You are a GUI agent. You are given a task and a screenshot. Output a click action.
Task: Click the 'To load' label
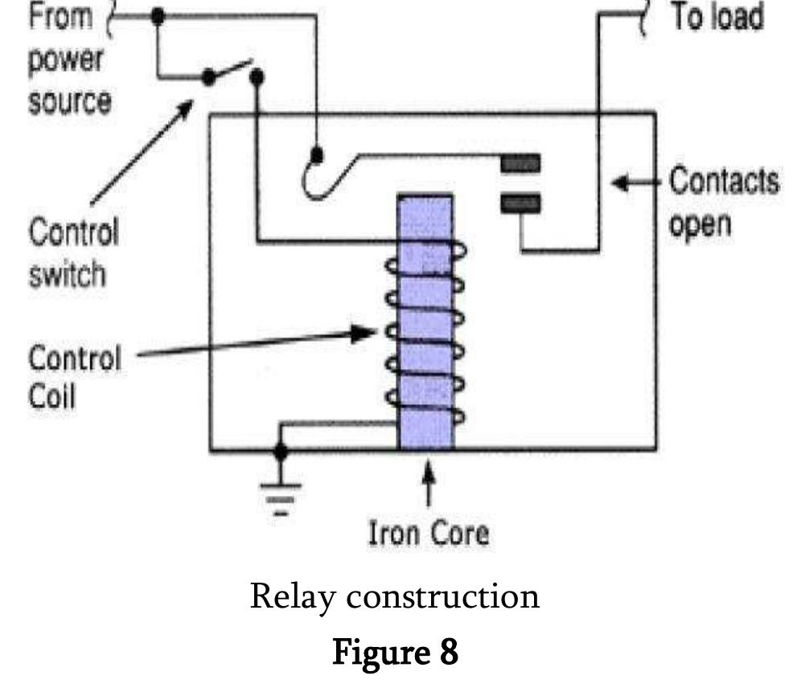pyautogui.click(x=717, y=16)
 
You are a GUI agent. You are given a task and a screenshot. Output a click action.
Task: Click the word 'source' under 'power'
pyautogui.click(x=69, y=102)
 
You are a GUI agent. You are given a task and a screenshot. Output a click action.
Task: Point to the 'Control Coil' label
pyautogui.click(x=74, y=376)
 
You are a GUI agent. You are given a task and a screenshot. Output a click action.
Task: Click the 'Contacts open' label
pyautogui.click(x=723, y=203)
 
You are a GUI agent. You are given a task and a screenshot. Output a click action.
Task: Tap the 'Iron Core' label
pyautogui.click(x=428, y=533)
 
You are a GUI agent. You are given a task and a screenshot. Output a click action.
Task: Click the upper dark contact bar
pyautogui.click(x=520, y=165)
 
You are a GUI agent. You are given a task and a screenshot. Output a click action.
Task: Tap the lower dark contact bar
pyautogui.click(x=520, y=203)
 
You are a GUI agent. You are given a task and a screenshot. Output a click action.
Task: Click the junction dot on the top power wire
pyautogui.click(x=158, y=16)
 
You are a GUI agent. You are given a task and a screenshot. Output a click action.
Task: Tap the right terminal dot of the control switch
pyautogui.click(x=257, y=76)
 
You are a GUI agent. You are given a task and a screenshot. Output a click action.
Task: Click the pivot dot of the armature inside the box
pyautogui.click(x=318, y=153)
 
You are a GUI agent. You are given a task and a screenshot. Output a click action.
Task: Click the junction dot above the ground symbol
pyautogui.click(x=280, y=452)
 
